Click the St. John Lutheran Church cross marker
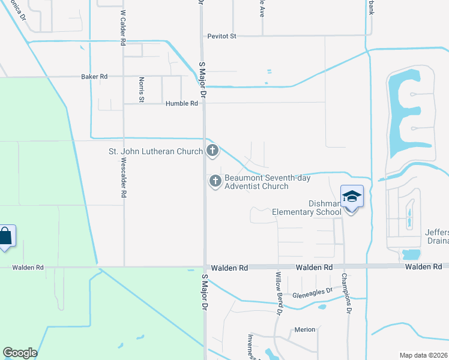[x=212, y=151]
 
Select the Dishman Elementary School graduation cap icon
[x=352, y=197]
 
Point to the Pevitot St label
[x=222, y=36]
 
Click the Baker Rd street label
[x=94, y=77]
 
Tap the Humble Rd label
[x=182, y=104]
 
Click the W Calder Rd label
[x=122, y=28]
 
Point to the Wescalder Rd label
[x=123, y=178]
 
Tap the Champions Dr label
[x=345, y=293]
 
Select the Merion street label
[x=304, y=330]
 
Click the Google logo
[x=20, y=353]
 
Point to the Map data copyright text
[x=424, y=355]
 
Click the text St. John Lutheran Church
[x=155, y=151]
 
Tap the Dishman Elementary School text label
[x=306, y=208]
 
